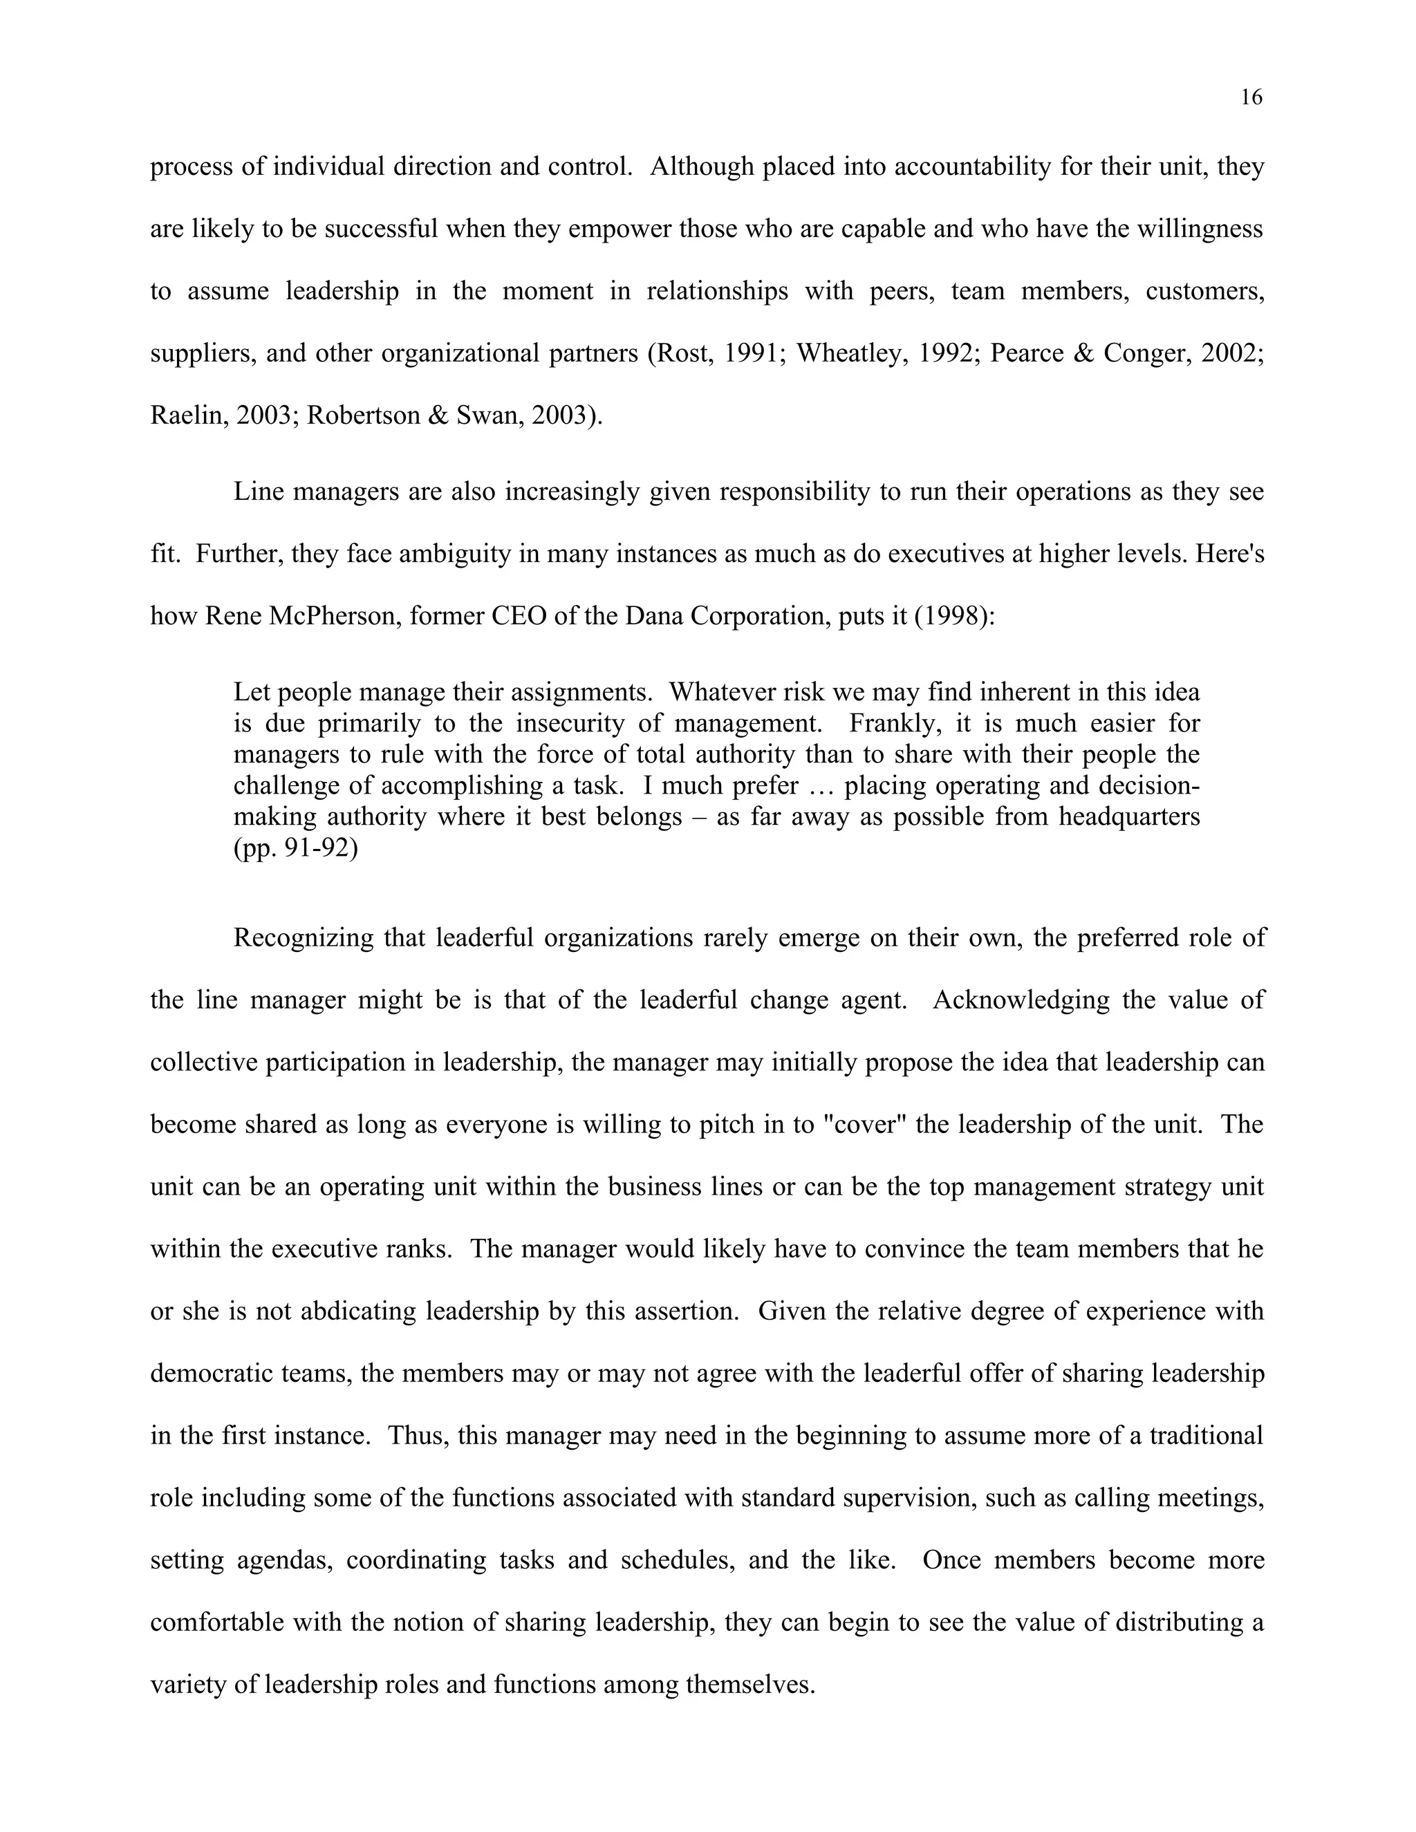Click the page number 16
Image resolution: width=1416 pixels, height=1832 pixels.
pos(1250,98)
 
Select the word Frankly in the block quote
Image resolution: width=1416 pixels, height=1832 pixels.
pos(893,723)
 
